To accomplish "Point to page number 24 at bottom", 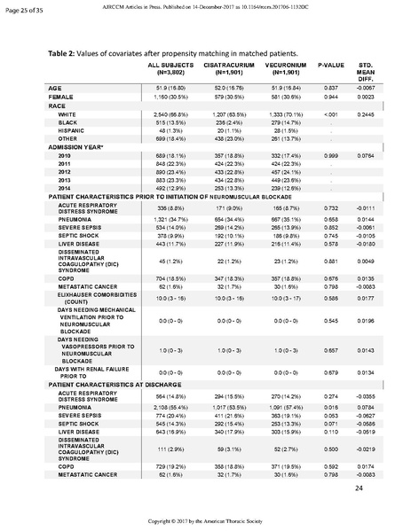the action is point(360,488).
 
